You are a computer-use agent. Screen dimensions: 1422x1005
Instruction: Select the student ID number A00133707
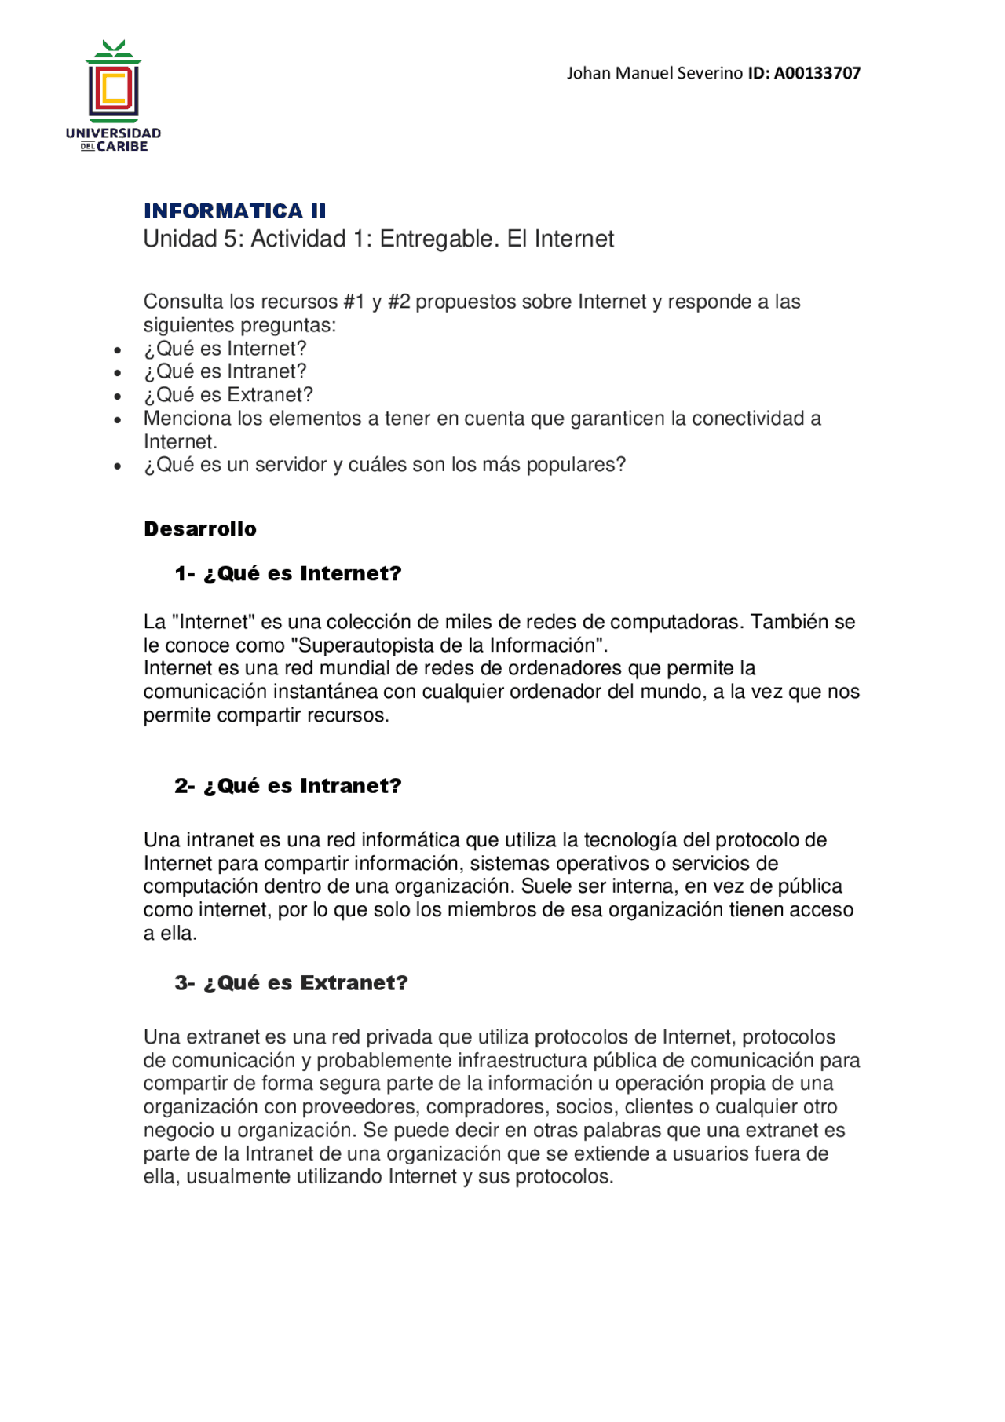817,73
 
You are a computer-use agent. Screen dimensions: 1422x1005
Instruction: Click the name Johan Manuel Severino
654,73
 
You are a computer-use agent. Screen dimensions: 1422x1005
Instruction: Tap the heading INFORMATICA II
235,210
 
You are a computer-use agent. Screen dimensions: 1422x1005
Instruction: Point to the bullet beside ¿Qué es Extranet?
118,396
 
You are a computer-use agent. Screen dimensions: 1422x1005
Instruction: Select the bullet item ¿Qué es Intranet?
225,371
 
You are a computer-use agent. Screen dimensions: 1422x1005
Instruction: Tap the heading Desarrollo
200,529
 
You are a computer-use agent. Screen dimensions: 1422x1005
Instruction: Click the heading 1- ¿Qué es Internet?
288,574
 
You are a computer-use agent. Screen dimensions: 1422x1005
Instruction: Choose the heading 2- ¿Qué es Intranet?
288,786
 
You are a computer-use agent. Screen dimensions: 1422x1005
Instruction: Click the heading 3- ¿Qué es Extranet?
291,983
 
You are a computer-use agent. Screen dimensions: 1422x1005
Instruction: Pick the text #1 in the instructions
354,302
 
